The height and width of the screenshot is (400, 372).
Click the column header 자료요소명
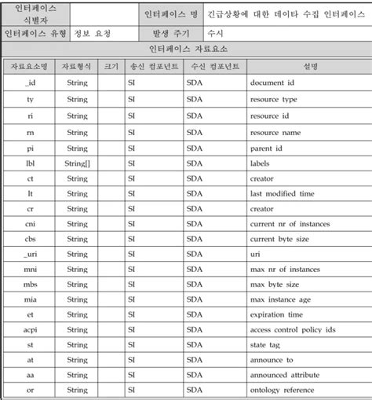tap(30, 67)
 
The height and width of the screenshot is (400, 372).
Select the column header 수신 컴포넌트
tap(214, 67)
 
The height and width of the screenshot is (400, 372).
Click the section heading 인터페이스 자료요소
tap(186, 50)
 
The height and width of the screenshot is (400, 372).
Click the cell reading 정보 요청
tap(92, 34)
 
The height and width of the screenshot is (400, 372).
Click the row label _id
tap(30, 83)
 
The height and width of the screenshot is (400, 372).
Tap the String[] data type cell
tap(78, 163)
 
